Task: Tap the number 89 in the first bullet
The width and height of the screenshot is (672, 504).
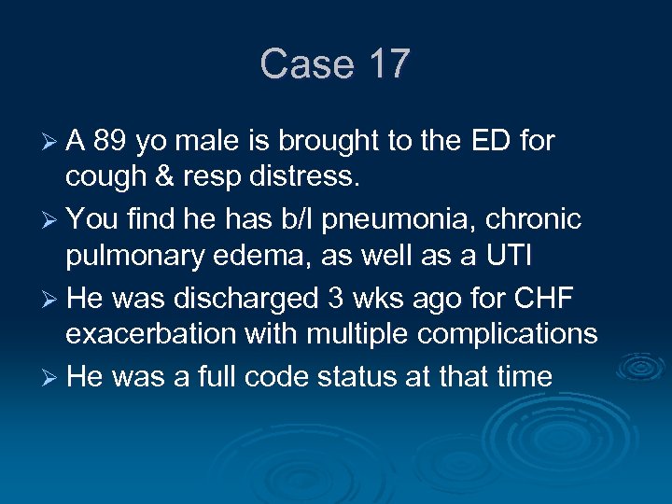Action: [x=111, y=141]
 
